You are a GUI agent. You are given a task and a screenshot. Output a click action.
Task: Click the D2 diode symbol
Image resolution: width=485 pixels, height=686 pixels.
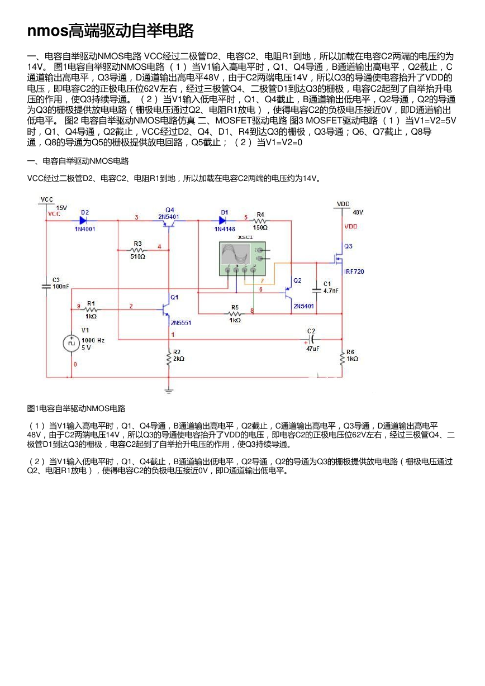83,220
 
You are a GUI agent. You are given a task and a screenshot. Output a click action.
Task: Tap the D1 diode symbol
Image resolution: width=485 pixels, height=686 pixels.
223,220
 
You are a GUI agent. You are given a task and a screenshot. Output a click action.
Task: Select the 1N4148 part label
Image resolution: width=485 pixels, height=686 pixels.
225,229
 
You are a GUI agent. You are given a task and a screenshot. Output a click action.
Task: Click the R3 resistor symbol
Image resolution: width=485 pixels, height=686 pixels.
137,250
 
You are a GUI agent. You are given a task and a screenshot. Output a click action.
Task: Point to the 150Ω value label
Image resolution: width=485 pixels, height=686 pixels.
260,227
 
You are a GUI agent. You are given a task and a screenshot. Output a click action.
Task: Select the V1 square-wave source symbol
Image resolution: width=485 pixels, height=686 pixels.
71,344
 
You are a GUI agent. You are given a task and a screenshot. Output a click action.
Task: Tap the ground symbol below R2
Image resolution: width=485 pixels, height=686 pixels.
169,391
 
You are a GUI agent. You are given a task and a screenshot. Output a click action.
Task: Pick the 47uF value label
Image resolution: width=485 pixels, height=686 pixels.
312,349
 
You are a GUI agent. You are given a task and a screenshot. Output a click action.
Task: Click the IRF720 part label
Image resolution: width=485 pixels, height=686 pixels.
354,271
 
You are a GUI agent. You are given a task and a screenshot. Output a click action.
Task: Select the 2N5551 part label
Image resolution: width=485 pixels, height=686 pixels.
181,323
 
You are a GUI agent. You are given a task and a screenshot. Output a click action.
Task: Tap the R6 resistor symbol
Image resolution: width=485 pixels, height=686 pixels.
342,359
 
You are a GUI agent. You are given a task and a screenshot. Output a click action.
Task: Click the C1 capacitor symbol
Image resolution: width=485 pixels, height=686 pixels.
316,289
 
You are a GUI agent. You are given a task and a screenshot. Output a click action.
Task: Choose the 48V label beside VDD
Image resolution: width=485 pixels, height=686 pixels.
358,212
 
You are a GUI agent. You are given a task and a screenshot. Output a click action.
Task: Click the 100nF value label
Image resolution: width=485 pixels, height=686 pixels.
61,287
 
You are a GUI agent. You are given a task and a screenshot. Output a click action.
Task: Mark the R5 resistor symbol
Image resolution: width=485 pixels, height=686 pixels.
235,313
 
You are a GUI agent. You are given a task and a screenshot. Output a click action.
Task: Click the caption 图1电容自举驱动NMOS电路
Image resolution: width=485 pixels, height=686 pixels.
77,408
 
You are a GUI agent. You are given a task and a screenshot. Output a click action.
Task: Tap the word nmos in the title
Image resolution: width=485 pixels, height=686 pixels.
47,31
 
